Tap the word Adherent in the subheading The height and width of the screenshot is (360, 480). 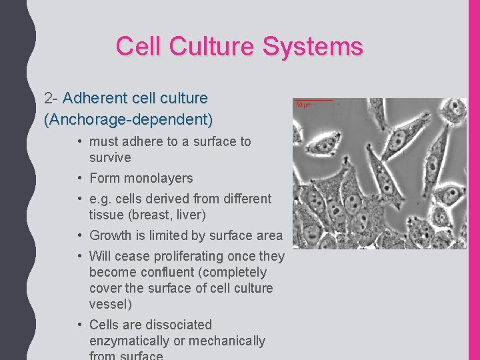point(96,99)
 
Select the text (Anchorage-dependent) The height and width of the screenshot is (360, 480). point(129,120)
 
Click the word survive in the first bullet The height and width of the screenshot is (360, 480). point(110,158)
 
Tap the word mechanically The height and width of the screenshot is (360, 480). point(229,341)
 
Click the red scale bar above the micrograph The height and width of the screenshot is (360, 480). point(313,100)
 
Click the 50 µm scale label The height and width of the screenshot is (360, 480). point(304,105)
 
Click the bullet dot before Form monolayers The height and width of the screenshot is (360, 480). point(79,178)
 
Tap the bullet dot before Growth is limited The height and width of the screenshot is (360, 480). point(79,235)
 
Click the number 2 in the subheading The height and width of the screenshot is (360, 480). point(48,99)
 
